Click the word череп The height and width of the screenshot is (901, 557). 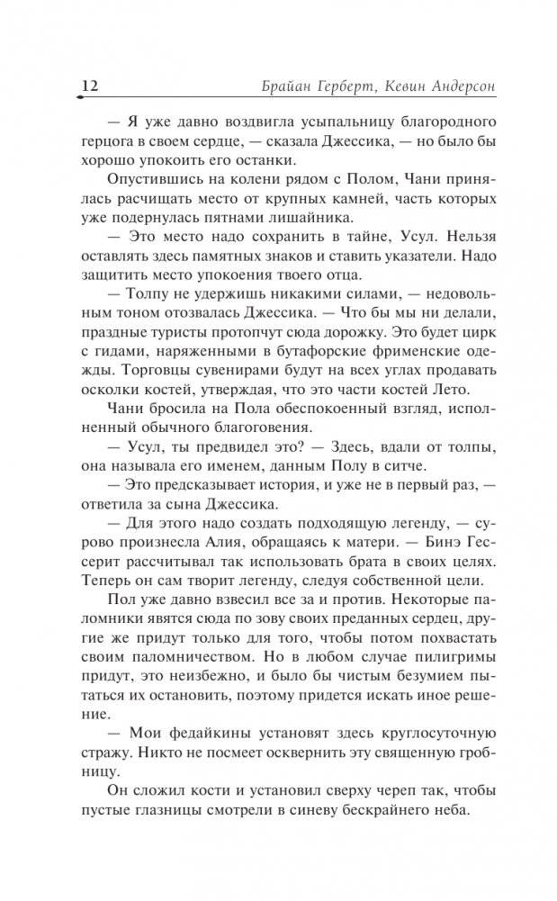[349, 786]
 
